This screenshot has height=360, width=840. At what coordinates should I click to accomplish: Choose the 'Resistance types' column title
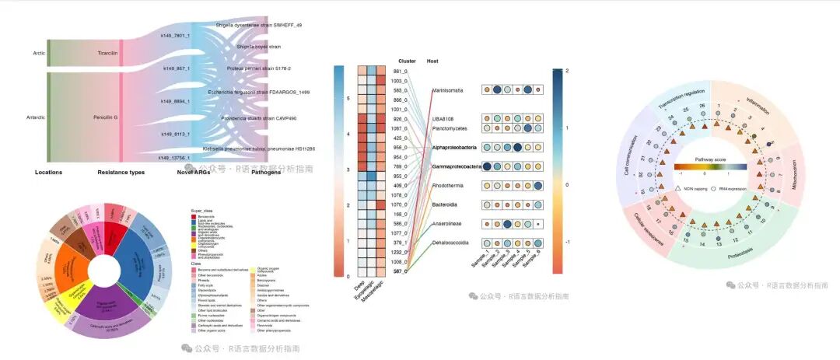pyautogui.click(x=121, y=172)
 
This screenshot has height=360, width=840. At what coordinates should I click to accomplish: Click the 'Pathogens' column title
pyautogui.click(x=245, y=172)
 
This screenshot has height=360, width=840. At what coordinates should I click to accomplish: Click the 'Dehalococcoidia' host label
pyautogui.click(x=450, y=243)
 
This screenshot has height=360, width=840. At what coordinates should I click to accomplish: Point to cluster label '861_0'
pyautogui.click(x=401, y=72)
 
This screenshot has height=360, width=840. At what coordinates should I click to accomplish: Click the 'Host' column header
pyautogui.click(x=434, y=61)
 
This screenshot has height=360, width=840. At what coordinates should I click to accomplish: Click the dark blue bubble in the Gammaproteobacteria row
pyautogui.click(x=488, y=166)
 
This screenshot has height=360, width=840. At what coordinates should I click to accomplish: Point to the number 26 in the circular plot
pyautogui.click(x=702, y=105)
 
